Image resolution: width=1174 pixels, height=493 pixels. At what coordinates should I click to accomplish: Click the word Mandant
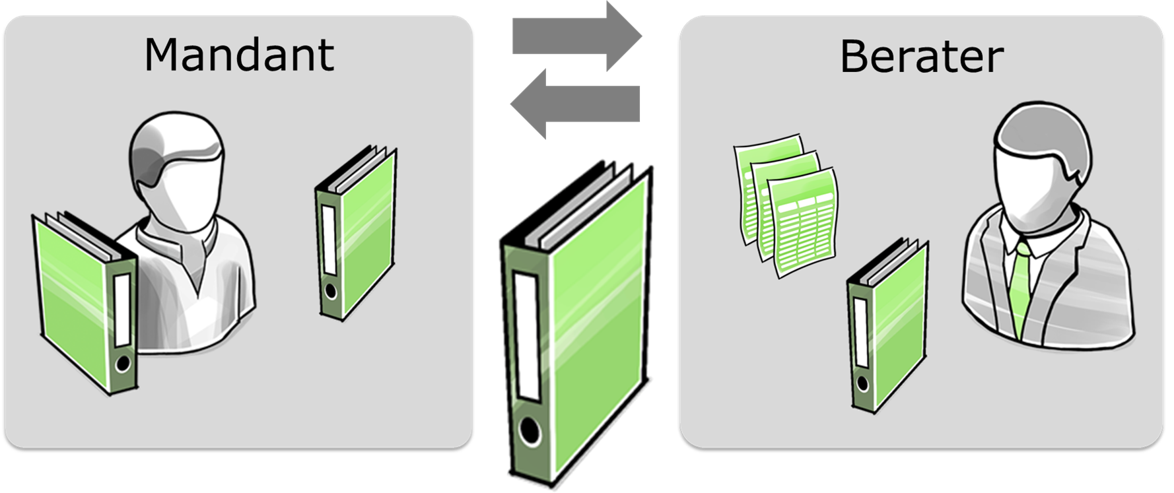tap(239, 55)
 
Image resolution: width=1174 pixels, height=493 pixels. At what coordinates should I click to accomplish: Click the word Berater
tap(922, 57)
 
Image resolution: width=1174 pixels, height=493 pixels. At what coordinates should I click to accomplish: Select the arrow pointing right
tap(577, 36)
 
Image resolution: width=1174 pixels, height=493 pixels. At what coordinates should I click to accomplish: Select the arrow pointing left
tap(575, 104)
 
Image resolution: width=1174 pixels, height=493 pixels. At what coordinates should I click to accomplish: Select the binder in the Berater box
tap(887, 325)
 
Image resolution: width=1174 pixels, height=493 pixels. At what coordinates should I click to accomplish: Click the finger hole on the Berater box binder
tap(861, 384)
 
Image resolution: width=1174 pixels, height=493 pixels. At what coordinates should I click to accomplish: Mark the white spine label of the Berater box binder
tap(860, 332)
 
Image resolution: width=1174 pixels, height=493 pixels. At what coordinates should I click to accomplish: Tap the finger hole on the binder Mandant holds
tap(123, 364)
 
